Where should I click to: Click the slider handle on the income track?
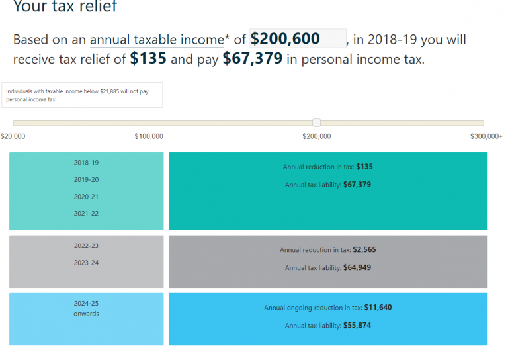(317, 123)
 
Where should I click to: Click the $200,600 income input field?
(297, 39)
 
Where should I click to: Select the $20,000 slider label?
(13, 136)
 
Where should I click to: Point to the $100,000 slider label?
(149, 136)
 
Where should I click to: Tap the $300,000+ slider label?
(486, 136)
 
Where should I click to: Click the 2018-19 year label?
(86, 163)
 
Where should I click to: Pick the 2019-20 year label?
(86, 180)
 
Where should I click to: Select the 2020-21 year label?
(86, 197)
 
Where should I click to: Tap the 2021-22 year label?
(86, 214)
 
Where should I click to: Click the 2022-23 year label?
(86, 246)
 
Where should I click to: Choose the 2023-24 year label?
(86, 263)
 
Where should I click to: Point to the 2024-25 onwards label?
(86, 308)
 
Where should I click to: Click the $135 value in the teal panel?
(364, 167)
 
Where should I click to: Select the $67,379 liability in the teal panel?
(357, 185)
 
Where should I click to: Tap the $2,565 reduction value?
(364, 251)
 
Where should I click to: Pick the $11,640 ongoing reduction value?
(377, 308)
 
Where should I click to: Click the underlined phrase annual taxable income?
(157, 40)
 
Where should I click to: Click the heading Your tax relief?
(65, 7)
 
